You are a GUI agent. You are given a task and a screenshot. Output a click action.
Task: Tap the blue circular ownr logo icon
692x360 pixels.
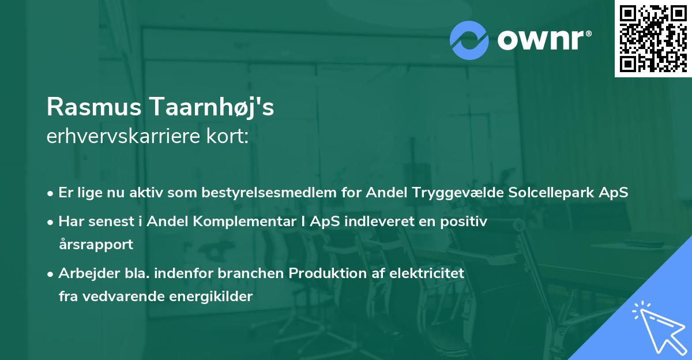tap(469, 40)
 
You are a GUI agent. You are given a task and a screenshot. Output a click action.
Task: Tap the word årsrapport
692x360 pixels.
tap(96, 245)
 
